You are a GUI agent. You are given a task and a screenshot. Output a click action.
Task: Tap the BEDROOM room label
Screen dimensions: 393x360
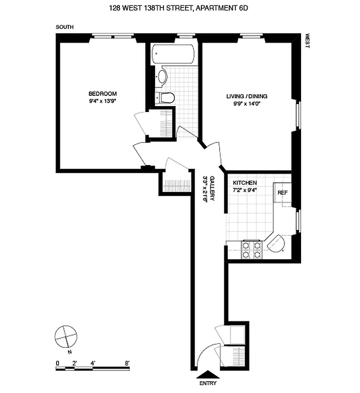coord(102,94)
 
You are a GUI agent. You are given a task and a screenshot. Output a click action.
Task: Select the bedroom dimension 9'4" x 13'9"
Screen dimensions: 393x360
coord(102,101)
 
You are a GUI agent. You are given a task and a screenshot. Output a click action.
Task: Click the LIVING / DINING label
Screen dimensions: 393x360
coord(247,96)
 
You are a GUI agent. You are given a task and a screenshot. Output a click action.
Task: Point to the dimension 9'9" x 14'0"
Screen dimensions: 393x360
coord(247,104)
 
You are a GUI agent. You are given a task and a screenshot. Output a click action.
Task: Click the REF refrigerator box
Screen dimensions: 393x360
coord(282,193)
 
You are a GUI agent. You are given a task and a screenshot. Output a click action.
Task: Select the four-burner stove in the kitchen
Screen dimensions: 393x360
coord(251,250)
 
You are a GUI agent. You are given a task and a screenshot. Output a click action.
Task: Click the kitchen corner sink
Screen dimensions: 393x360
coord(277,244)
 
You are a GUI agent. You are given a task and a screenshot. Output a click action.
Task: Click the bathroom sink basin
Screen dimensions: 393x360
coord(162,77)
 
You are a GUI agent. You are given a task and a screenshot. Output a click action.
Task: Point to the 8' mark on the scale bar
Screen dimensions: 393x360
coord(127,363)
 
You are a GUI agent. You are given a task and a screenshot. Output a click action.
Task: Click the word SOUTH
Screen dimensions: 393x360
coord(64,28)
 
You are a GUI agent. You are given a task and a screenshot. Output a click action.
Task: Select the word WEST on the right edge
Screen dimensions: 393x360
coord(307,40)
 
